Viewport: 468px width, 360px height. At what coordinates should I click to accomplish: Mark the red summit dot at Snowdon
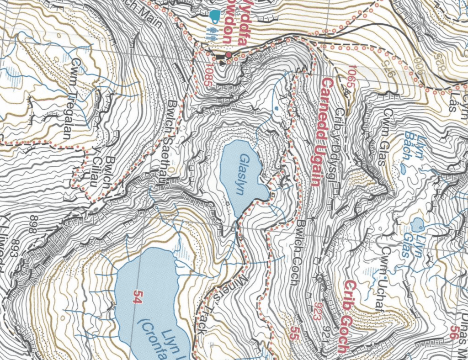tap(229, 55)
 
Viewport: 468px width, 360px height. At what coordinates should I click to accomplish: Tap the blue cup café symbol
tap(214, 15)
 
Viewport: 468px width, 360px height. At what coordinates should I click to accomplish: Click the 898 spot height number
tap(32, 225)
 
